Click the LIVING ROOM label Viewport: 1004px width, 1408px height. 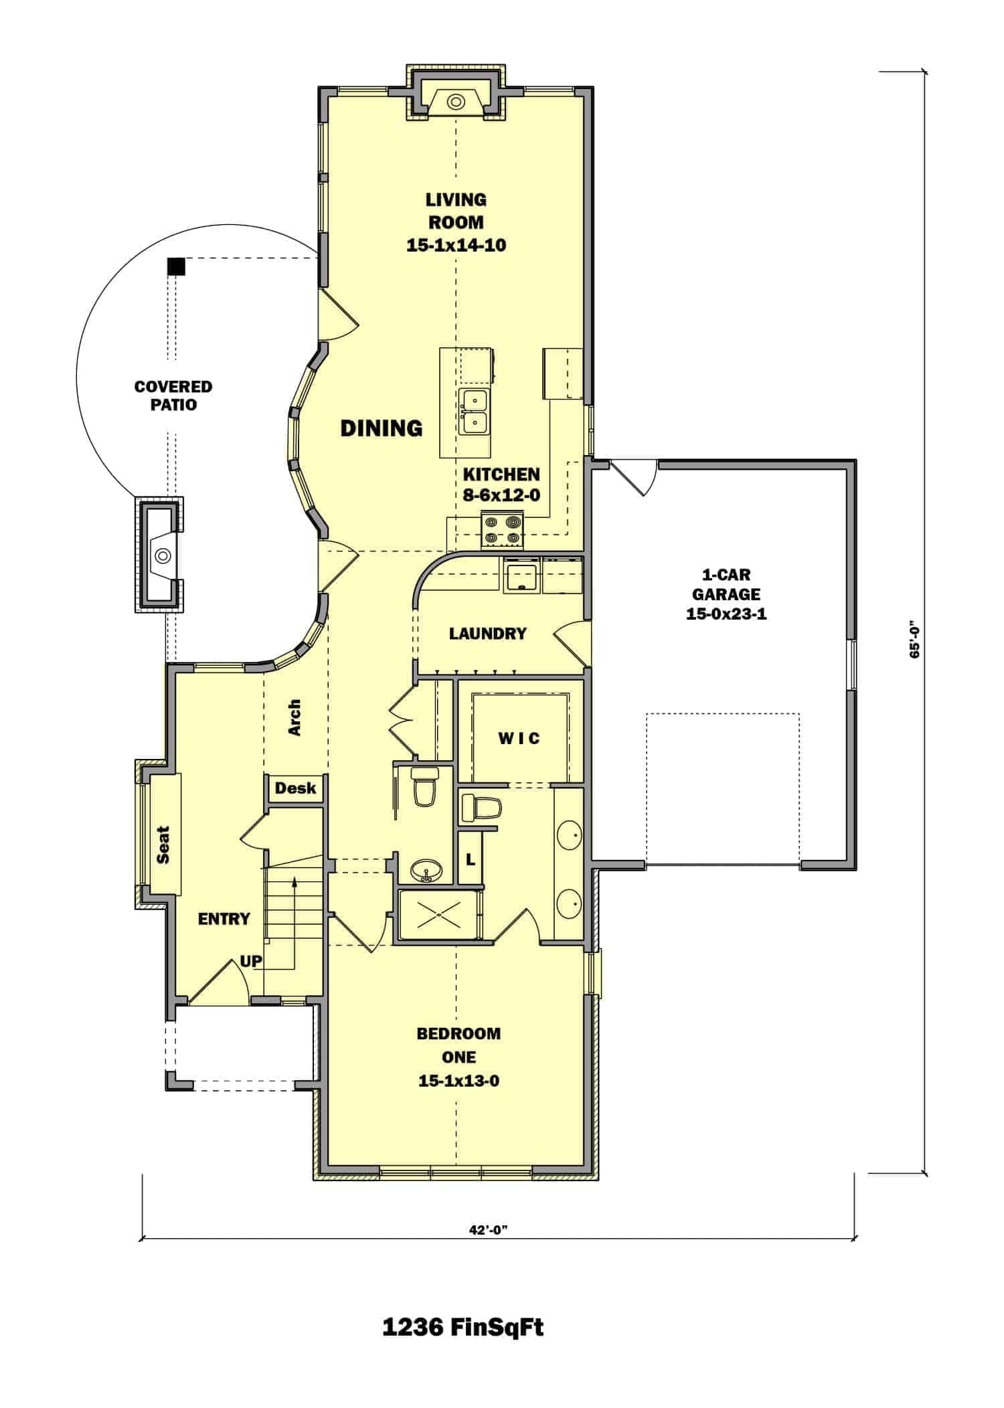(456, 210)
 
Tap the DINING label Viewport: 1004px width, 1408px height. (382, 428)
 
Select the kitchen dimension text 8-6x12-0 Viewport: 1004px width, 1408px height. (502, 496)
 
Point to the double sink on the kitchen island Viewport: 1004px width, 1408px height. (474, 412)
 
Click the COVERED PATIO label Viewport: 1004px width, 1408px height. (164, 395)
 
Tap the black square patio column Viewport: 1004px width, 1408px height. (176, 266)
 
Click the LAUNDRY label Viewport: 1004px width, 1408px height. (487, 633)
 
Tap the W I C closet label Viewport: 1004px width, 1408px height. (519, 739)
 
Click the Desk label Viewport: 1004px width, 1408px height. (295, 788)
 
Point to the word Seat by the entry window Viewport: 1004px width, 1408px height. (163, 845)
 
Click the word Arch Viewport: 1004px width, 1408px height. (295, 718)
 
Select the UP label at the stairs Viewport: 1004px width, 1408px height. (251, 962)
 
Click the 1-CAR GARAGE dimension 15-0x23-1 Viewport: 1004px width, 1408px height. (726, 614)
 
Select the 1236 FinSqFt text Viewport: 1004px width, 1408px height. (463, 1327)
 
